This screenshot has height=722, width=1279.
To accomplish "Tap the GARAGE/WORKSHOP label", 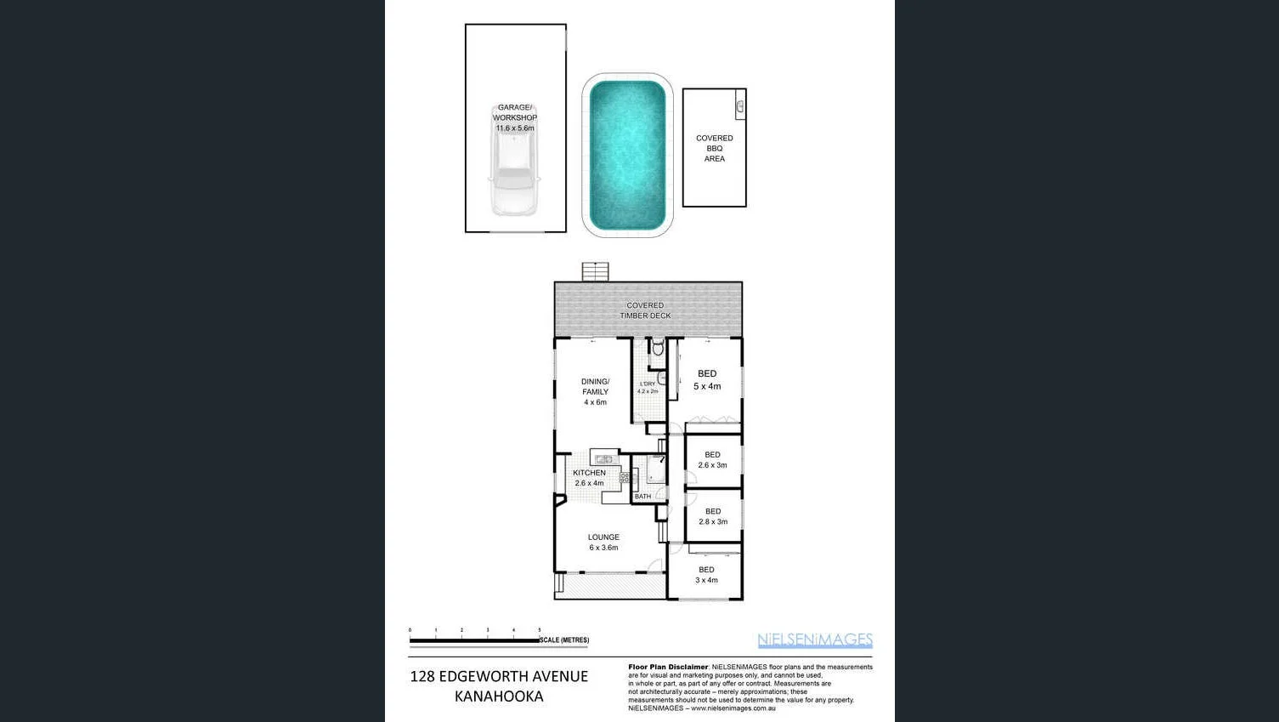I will tap(515, 117).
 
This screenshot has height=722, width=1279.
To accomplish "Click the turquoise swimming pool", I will tap(627, 155).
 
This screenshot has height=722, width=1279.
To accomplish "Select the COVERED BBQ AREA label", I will tap(714, 148).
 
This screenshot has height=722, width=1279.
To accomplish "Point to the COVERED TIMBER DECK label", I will tap(645, 310).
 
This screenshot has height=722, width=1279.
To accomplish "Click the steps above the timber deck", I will tap(595, 272).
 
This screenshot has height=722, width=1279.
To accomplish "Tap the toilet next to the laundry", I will tap(657, 347).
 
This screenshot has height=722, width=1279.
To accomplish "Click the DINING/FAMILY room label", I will tap(595, 391).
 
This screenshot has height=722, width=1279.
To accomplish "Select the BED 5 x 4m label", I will tap(707, 379).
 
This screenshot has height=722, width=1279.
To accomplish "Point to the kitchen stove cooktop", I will tap(625, 478).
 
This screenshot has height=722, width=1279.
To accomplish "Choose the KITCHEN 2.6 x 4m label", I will tap(589, 478).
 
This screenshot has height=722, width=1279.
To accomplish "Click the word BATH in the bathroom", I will tap(642, 497).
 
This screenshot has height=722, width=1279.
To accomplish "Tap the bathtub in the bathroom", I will tap(656, 470).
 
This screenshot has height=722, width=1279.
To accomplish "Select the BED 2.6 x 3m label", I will tap(712, 460).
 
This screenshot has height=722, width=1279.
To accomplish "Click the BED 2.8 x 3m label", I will tap(713, 516).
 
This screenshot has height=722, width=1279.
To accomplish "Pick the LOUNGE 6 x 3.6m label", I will tap(603, 543).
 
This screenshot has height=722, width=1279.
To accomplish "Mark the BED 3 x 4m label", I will tap(706, 575).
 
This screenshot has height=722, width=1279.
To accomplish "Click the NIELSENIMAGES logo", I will tap(814, 640).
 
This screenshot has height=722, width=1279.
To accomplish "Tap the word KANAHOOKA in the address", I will tap(499, 696).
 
